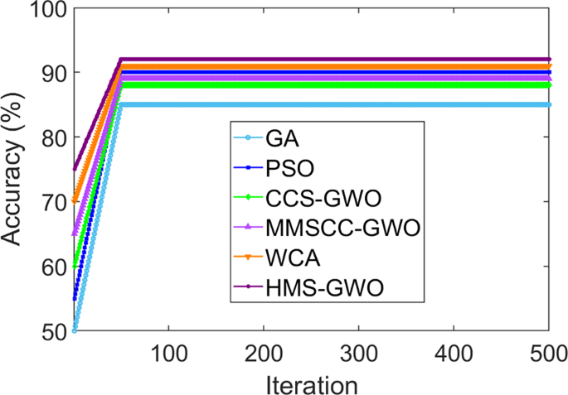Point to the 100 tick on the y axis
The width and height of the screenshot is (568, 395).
coord(49,9)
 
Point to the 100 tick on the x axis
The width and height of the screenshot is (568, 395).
coord(168,351)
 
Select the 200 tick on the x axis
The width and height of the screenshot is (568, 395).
coord(264,351)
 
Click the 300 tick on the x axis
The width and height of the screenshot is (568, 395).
coord(359,351)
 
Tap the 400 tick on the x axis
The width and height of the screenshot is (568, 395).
coord(454,351)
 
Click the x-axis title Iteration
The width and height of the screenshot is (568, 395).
coord(311,382)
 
